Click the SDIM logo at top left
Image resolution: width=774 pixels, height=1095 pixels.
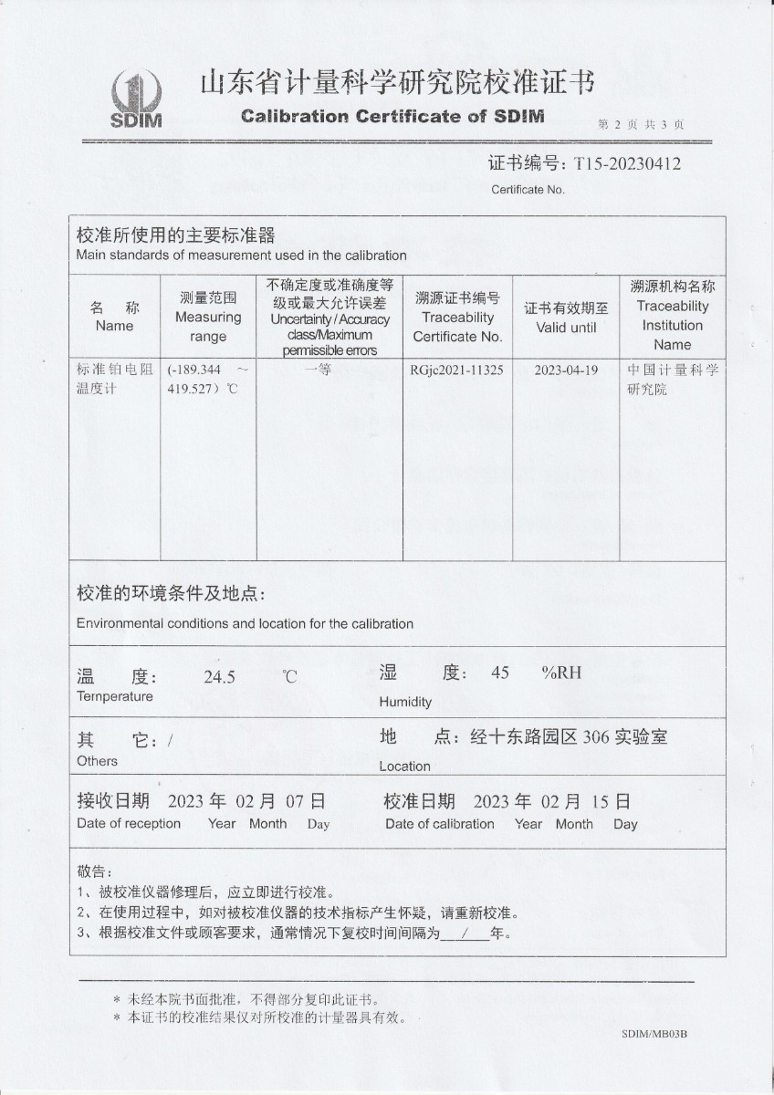coord(136,99)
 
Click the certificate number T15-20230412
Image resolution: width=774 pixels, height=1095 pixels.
coord(627,163)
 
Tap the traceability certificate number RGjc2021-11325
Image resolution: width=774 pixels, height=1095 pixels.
coord(457,370)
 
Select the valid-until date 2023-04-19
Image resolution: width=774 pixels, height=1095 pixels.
coord(566,370)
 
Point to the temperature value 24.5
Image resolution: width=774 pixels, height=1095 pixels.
coord(219,677)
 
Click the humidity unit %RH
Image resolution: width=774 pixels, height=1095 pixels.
coord(560,673)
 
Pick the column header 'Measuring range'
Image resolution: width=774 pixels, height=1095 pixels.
coord(208,317)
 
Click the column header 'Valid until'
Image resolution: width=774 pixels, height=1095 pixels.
coord(566,318)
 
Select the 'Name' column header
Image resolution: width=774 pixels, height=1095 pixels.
coord(114,317)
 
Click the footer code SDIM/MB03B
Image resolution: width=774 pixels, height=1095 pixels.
coord(654,1034)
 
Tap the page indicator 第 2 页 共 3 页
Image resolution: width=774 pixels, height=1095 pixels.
coord(641,124)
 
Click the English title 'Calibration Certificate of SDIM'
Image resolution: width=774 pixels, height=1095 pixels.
coord(392,116)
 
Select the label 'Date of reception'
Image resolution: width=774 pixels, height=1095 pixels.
coord(129,823)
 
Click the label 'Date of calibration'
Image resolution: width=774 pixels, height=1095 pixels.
coord(439,824)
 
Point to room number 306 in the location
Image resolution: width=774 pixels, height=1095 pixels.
coord(595,736)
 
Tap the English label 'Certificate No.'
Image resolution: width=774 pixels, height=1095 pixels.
coord(528,190)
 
